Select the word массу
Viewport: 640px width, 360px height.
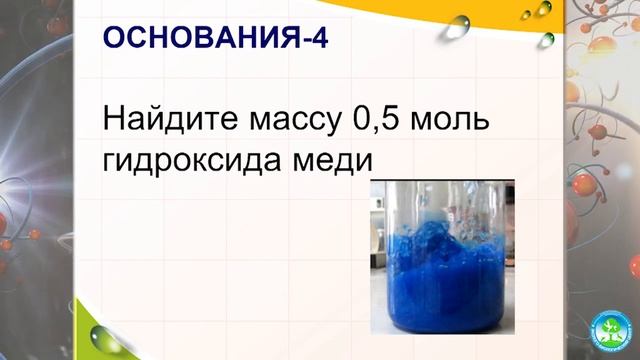pos(291,123)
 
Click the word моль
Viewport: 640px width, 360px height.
pos(454,123)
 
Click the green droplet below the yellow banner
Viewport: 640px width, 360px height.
pos(548,39)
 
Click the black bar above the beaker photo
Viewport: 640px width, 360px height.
pos(440,181)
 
